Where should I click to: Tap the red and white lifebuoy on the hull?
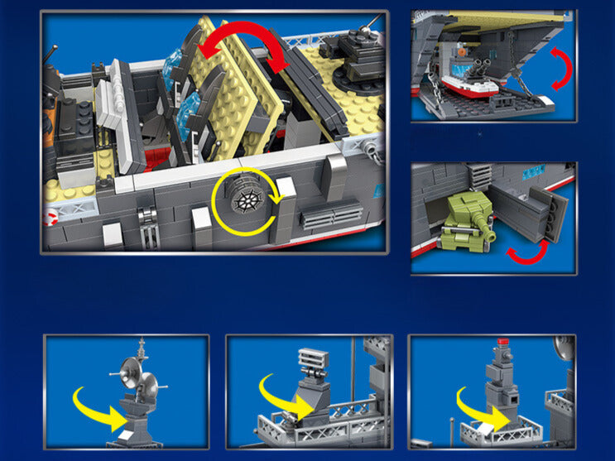49,218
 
